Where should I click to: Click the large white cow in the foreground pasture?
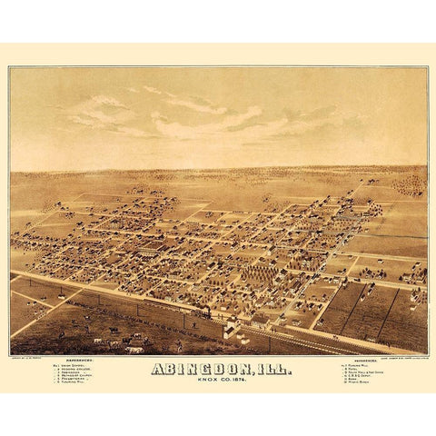134,348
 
